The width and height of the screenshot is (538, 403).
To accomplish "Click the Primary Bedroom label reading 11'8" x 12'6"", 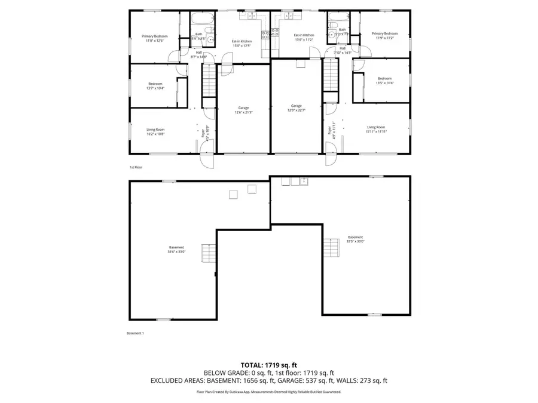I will tap(155, 39).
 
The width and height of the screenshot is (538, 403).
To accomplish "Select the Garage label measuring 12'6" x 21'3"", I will tap(244, 110).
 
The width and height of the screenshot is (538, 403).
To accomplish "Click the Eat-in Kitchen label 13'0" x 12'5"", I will tap(242, 43).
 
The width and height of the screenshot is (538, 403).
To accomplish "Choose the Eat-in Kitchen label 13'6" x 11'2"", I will tap(304, 38).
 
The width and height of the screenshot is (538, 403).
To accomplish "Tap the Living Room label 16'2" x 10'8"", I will tap(155, 132).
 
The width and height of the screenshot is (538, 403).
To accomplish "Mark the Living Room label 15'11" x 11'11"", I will tap(376, 130).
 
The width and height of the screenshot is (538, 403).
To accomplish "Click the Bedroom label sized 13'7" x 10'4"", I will tap(155, 86).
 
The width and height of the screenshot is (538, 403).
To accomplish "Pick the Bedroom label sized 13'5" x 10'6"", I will tap(384, 81).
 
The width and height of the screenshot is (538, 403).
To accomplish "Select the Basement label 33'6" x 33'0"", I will tap(176, 250).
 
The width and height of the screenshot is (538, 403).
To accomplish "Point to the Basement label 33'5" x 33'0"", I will tap(355, 239).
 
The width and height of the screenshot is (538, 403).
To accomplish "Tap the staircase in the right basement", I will tap(332, 247).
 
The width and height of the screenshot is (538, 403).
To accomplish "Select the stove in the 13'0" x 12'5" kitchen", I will tap(265, 35).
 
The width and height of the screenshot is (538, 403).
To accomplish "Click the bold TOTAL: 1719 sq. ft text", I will tap(268, 364).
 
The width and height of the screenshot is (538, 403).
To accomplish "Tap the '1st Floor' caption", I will tap(136, 168).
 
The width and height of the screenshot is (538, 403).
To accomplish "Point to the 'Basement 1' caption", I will tap(135, 333).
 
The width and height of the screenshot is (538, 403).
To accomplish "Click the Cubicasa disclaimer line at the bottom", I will tap(268, 392).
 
